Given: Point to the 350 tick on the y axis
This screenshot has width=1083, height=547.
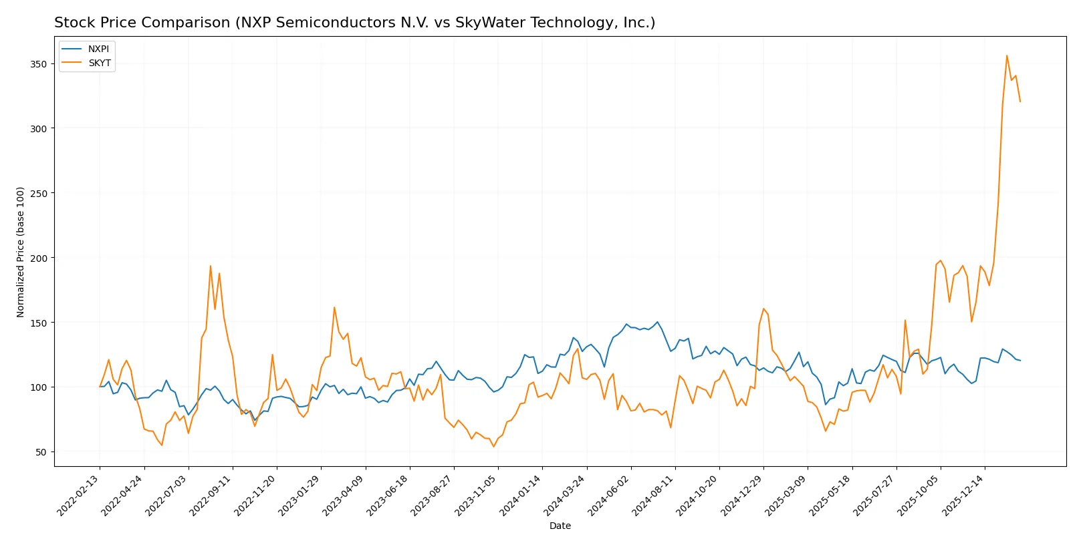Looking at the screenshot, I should tap(38, 64).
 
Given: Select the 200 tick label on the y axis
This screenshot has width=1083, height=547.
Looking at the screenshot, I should tap(38, 258).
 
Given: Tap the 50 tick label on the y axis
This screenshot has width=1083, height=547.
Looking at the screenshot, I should tap(41, 452).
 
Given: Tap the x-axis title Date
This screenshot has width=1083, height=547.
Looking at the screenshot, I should tap(560, 526).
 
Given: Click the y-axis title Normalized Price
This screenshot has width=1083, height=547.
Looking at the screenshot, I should tap(21, 252).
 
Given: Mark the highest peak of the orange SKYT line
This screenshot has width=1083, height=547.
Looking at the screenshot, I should tap(1007, 55).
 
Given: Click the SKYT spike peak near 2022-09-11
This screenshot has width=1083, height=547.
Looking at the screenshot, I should tap(211, 266).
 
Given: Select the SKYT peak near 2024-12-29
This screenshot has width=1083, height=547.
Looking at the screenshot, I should tap(763, 309).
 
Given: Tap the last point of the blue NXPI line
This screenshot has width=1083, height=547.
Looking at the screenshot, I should tap(1020, 361).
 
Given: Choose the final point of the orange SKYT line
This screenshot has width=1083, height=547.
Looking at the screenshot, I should tap(1020, 102).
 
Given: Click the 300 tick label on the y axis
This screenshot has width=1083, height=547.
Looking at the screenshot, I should tap(38, 128).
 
